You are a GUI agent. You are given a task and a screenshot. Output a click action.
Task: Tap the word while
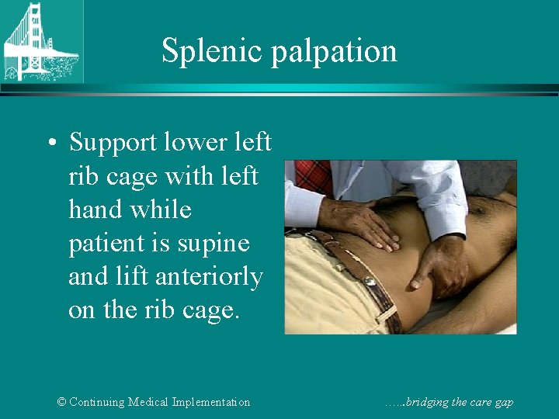tap(162, 209)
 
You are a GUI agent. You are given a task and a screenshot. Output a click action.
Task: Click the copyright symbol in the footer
tap(62, 402)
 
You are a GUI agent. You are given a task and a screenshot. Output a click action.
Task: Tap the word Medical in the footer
tap(156, 402)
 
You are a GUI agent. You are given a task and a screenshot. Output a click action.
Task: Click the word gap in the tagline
tap(504, 403)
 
